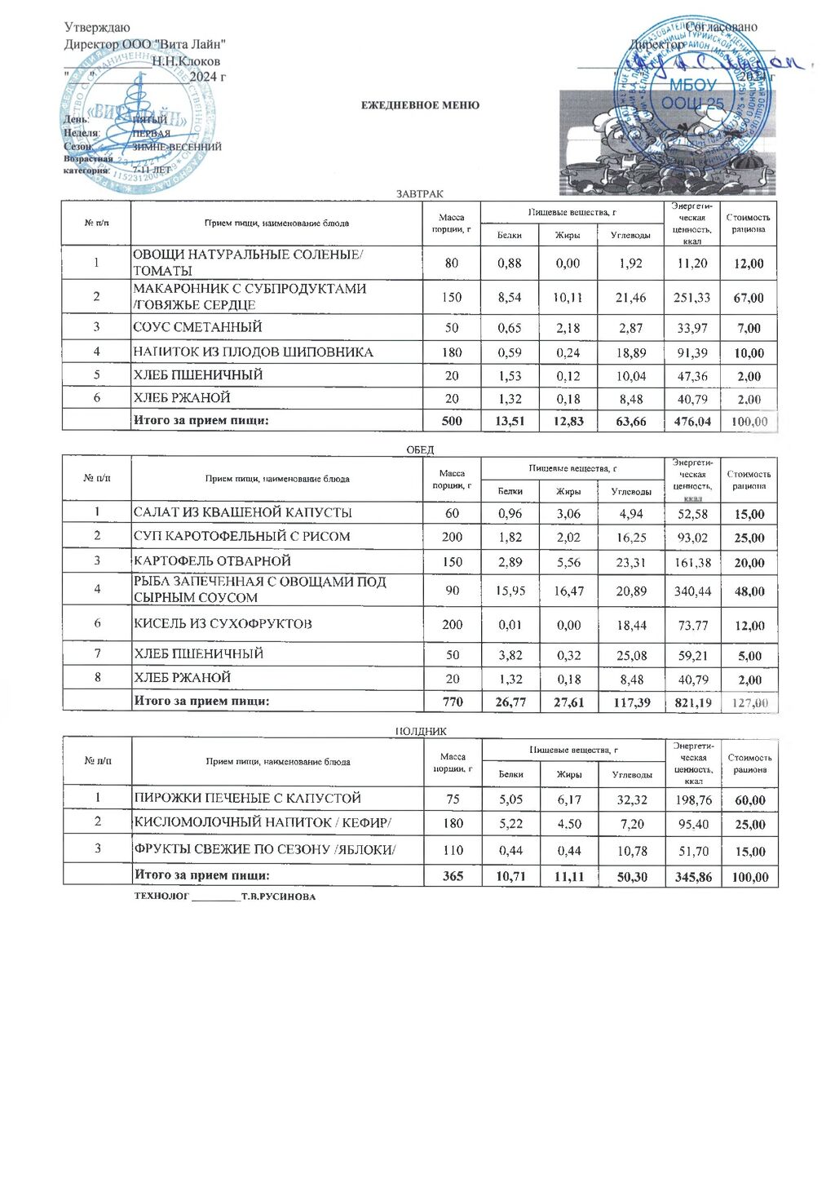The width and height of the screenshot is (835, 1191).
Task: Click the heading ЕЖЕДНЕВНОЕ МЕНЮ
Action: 420,105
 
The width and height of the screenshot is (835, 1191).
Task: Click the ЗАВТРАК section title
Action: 419,194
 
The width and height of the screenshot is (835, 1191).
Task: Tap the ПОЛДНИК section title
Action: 420,732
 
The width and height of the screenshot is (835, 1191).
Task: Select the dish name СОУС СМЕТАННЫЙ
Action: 198,327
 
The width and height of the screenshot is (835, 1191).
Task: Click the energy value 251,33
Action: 691,298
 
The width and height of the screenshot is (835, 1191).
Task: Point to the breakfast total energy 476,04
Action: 691,422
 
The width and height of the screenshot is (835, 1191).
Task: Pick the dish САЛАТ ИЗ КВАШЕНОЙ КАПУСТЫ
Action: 243,512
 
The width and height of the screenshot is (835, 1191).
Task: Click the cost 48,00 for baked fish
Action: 749,591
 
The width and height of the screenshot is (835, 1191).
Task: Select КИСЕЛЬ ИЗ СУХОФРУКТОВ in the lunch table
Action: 223,624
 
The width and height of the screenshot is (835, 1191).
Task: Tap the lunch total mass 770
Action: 452,702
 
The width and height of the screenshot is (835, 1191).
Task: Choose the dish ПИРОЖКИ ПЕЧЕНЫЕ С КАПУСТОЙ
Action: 247,798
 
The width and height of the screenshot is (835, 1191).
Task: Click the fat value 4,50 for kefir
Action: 568,824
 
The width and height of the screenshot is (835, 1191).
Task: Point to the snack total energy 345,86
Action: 693,877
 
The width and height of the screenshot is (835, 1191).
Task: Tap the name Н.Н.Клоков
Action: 186,61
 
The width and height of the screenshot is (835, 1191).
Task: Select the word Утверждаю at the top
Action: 97,28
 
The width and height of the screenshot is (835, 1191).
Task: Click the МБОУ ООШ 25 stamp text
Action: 691,94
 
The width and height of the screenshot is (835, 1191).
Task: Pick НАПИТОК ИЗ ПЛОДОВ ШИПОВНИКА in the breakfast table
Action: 254,352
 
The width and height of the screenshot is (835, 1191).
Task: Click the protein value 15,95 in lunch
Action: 510,591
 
